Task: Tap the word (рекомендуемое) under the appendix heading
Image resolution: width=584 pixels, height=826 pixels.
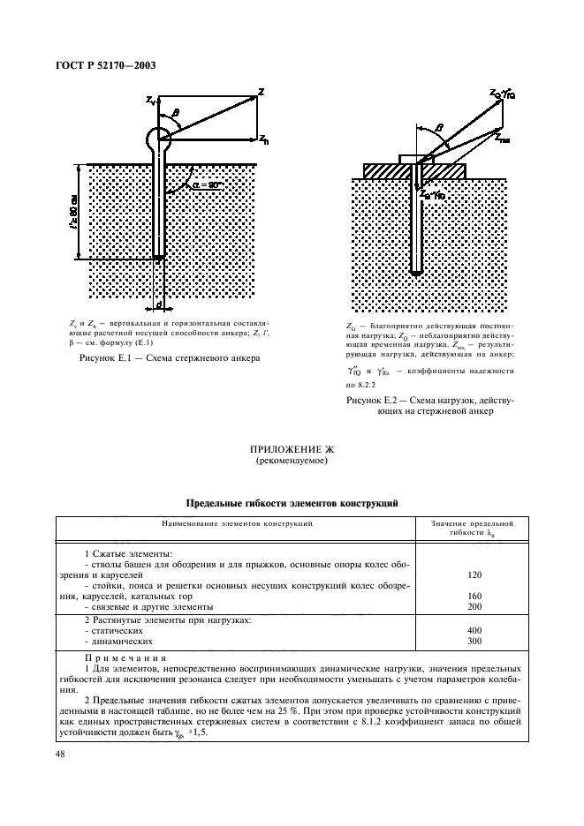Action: pyautogui.click(x=291, y=462)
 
